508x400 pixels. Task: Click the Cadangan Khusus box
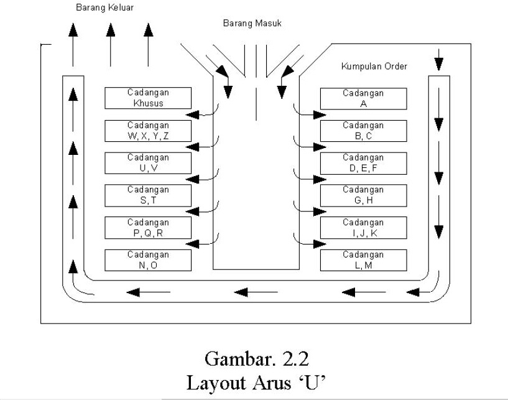[148, 98]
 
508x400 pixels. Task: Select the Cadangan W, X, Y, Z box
[148, 131]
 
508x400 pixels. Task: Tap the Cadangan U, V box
[148, 163]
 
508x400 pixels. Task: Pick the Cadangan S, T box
[148, 195]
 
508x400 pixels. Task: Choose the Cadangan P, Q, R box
[148, 228]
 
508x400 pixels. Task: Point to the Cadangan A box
[363, 98]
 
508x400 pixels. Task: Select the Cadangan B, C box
[363, 131]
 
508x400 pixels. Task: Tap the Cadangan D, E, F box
[363, 163]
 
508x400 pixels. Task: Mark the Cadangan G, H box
[363, 195]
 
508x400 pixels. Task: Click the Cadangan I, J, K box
[363, 228]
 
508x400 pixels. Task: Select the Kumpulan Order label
[374, 67]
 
